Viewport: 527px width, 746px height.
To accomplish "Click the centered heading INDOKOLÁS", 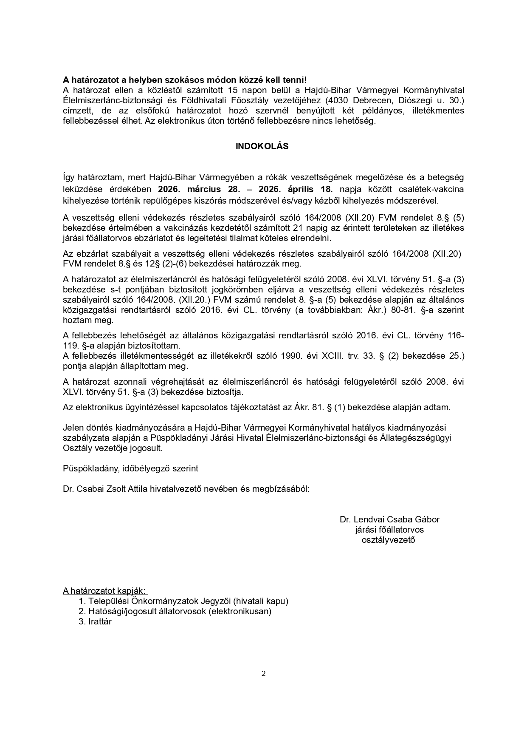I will [x=262, y=146].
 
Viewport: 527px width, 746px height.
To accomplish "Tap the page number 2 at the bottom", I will [x=263, y=673].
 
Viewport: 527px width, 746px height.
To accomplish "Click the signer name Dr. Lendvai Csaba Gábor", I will [x=389, y=519].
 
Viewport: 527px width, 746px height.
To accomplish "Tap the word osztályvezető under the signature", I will [x=388, y=540].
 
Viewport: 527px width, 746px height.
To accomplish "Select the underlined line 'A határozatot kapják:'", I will [x=104, y=591].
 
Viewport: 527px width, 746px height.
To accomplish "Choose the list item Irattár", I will [x=100, y=621].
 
